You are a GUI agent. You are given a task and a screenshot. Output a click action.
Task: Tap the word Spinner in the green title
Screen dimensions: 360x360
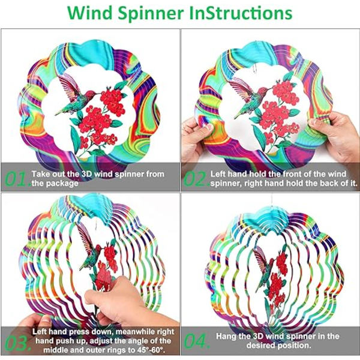click(x=151, y=14)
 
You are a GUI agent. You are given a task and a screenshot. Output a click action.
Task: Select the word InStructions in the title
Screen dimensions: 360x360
click(x=241, y=13)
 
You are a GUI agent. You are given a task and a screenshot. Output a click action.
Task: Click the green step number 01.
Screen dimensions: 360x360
click(x=18, y=179)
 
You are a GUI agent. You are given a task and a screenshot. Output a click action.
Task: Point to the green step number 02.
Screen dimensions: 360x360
click(x=196, y=179)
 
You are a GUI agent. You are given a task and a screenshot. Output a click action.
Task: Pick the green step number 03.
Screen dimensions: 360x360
click(x=18, y=343)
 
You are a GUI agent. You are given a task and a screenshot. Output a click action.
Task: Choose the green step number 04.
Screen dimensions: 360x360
click(x=197, y=341)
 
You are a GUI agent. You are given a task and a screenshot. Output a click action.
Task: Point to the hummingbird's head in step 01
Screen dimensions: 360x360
click(x=90, y=94)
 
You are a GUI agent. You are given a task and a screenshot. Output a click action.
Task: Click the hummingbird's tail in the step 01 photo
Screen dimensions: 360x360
click(x=61, y=113)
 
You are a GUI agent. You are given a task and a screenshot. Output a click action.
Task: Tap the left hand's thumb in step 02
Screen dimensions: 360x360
click(x=208, y=127)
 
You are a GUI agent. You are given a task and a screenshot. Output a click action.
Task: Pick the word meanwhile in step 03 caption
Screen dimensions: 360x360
click(x=136, y=332)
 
